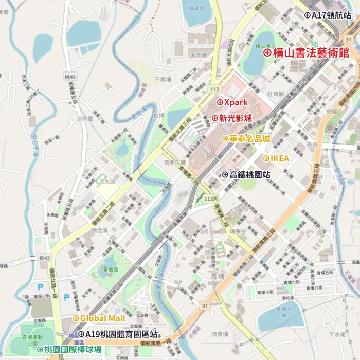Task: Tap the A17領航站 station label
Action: point(330,15)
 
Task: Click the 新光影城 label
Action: point(236,118)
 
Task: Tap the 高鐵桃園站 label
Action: point(250,175)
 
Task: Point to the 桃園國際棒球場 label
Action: point(73,350)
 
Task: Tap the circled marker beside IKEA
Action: point(266,158)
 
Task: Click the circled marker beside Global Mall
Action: point(76,318)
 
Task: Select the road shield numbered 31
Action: point(205,306)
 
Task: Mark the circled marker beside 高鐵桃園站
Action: point(225,175)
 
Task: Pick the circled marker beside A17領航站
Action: point(308,15)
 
